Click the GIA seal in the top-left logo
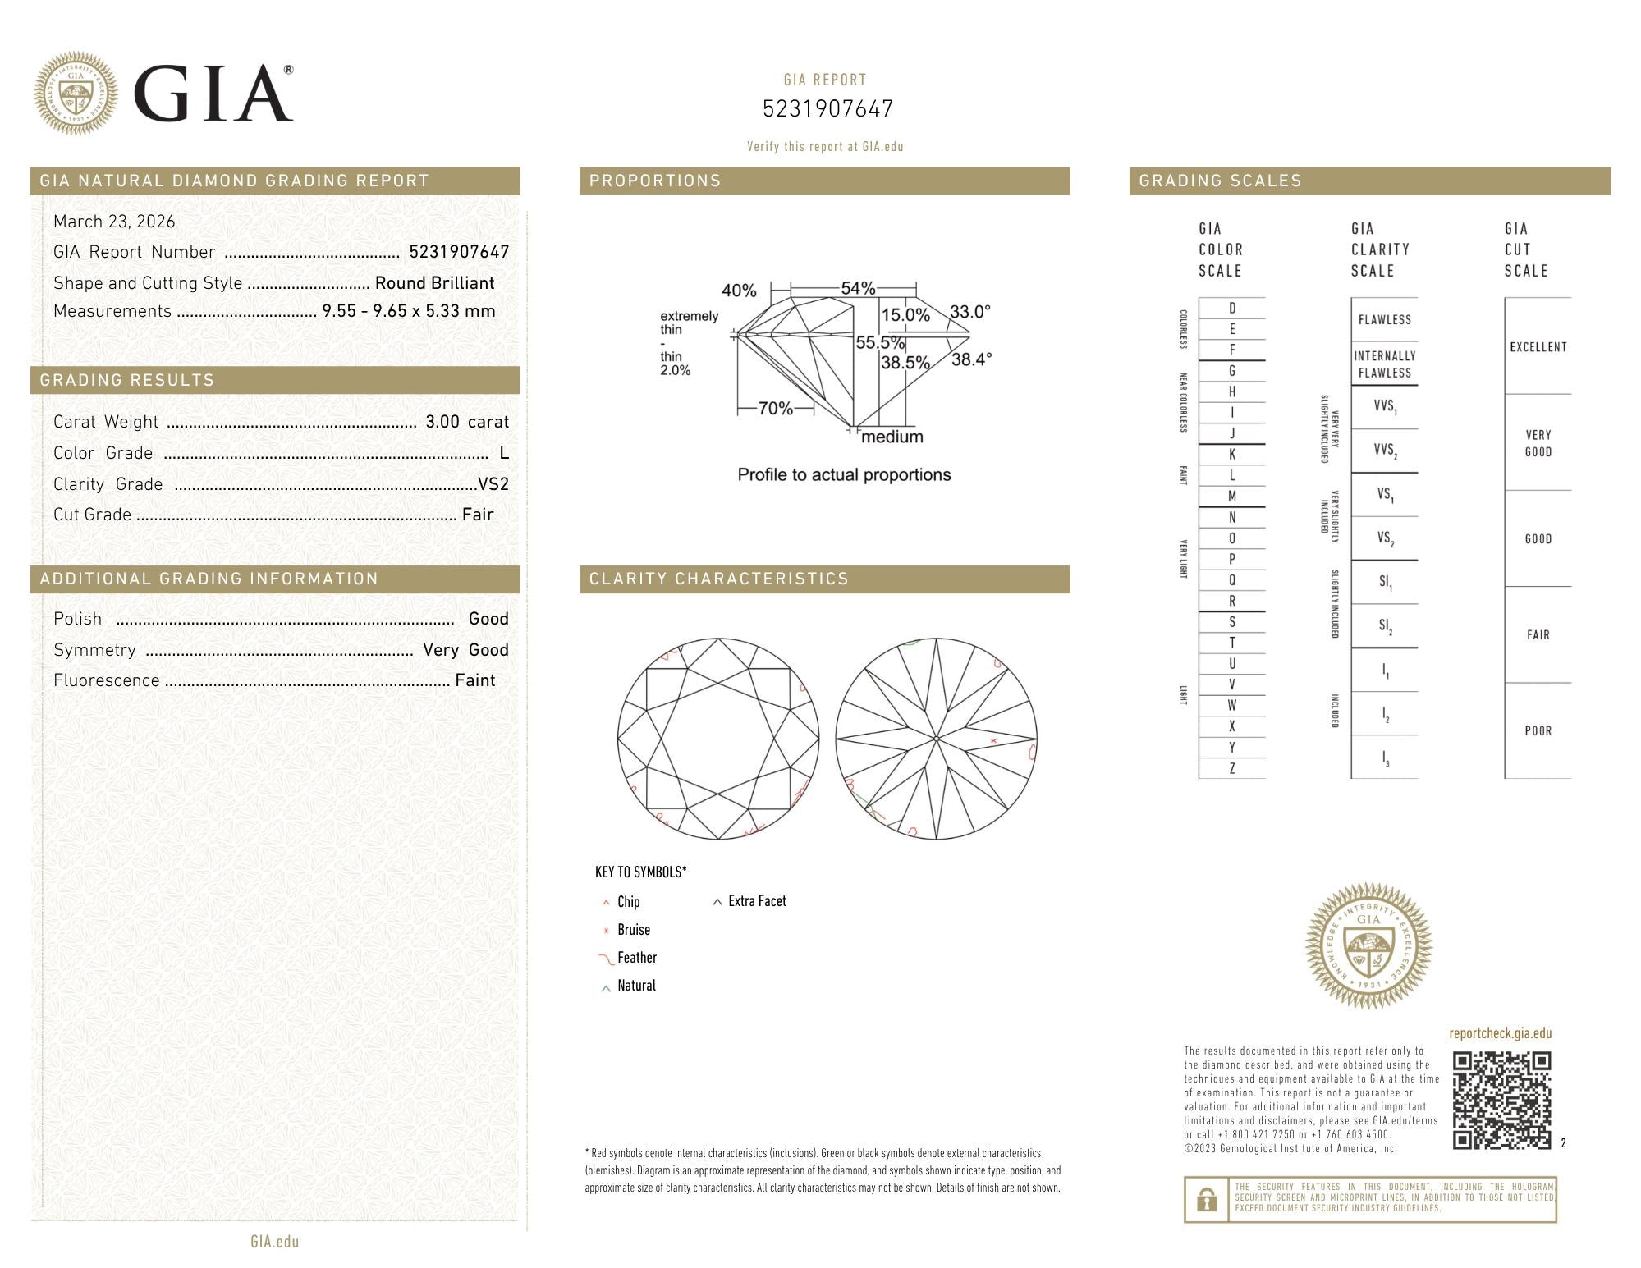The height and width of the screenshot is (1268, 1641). tap(76, 94)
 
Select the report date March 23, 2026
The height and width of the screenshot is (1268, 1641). tap(114, 222)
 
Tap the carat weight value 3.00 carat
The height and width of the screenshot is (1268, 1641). tap(467, 422)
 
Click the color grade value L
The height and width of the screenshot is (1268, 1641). tap(504, 453)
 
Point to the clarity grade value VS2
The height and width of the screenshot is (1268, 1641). tap(493, 484)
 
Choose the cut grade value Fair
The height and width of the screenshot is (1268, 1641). tap(478, 515)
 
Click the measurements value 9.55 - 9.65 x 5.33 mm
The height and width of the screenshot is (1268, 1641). tap(409, 311)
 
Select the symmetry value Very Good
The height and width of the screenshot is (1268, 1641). tap(465, 650)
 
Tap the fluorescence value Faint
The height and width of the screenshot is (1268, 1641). tap(475, 680)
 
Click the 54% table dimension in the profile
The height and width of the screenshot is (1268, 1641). tap(858, 288)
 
